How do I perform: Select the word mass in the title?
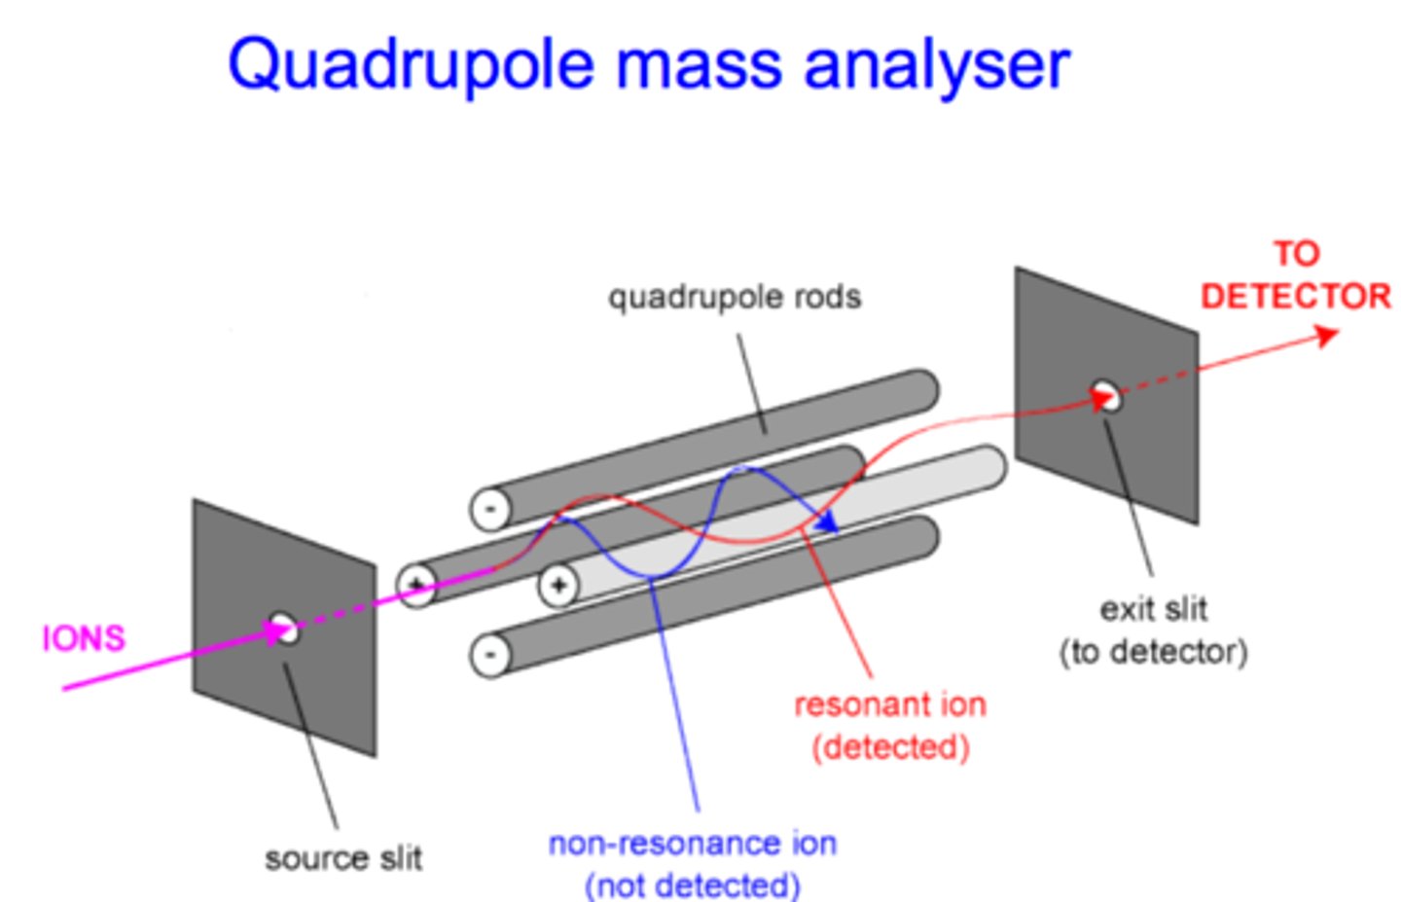pyautogui.click(x=699, y=66)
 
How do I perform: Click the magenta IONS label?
pyautogui.click(x=84, y=638)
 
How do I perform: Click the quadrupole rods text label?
pyautogui.click(x=735, y=297)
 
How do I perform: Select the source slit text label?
pyautogui.click(x=343, y=858)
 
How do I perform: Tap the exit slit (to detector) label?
pyautogui.click(x=1153, y=631)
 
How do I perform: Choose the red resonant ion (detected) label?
pyautogui.click(x=889, y=726)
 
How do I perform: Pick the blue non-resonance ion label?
pyautogui.click(x=693, y=864)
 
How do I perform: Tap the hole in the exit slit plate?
pyautogui.click(x=1105, y=396)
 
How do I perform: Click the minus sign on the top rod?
pyautogui.click(x=490, y=509)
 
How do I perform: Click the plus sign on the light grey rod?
pyautogui.click(x=558, y=586)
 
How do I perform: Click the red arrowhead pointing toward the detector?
pyautogui.click(x=1326, y=336)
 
